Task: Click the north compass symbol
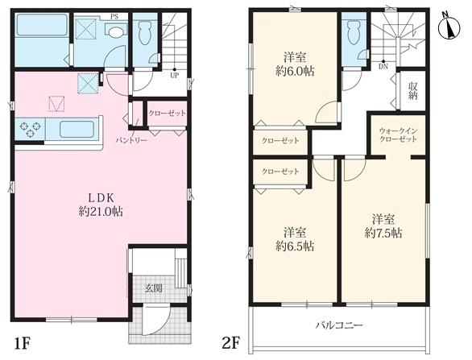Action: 449,27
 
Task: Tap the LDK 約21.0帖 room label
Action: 101,205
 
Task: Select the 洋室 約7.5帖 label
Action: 383,226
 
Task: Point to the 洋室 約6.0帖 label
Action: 295,64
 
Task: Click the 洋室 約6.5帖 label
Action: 295,239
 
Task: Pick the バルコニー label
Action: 339,325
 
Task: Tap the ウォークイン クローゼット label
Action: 398,134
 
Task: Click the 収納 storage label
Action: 412,91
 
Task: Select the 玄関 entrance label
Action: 154,288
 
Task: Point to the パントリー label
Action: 131,140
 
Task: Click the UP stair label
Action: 175,76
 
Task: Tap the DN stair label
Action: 383,67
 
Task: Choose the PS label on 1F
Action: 114,17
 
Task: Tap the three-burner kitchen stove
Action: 30,129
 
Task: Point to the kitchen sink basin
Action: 77,130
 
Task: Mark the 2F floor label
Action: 231,343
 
